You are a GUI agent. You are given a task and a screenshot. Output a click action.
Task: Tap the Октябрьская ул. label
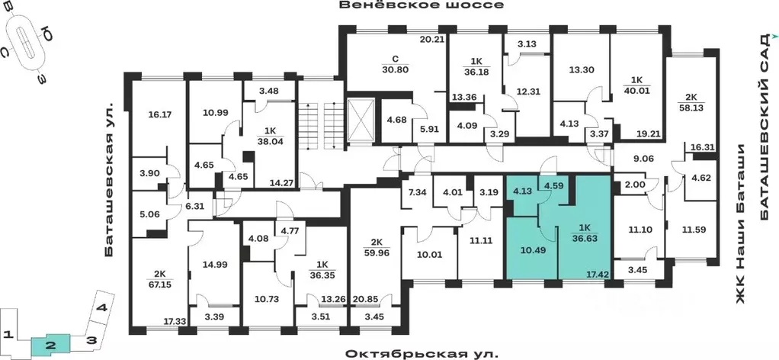[x=421, y=354]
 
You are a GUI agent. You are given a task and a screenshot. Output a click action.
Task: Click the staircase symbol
[x=320, y=120]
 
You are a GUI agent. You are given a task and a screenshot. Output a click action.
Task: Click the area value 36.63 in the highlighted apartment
[x=585, y=238]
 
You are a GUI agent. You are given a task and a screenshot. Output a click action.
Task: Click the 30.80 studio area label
[x=396, y=69]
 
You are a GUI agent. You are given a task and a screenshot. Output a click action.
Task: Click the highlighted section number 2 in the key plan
[x=48, y=345]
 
